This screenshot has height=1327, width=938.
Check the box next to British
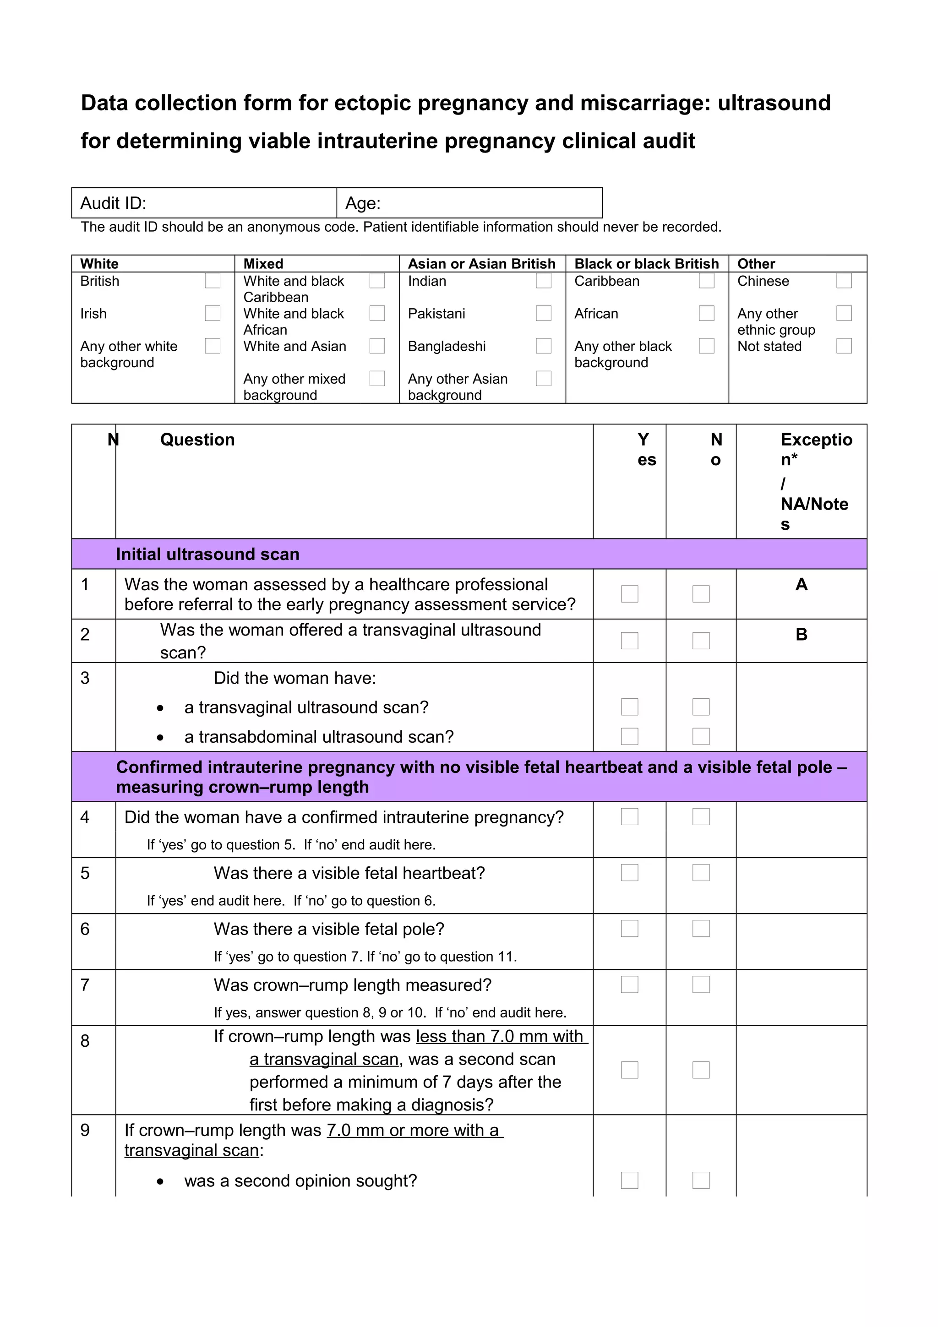tap(213, 281)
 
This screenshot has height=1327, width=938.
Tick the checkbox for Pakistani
tap(543, 313)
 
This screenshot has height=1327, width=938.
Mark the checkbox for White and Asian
tap(377, 346)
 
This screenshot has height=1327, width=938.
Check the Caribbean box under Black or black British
tap(706, 281)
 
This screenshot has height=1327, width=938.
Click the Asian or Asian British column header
tap(481, 264)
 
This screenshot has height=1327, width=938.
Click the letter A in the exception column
tap(801, 585)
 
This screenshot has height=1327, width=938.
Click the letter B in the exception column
tap(801, 635)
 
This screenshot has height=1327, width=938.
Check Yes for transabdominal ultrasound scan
tap(629, 736)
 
